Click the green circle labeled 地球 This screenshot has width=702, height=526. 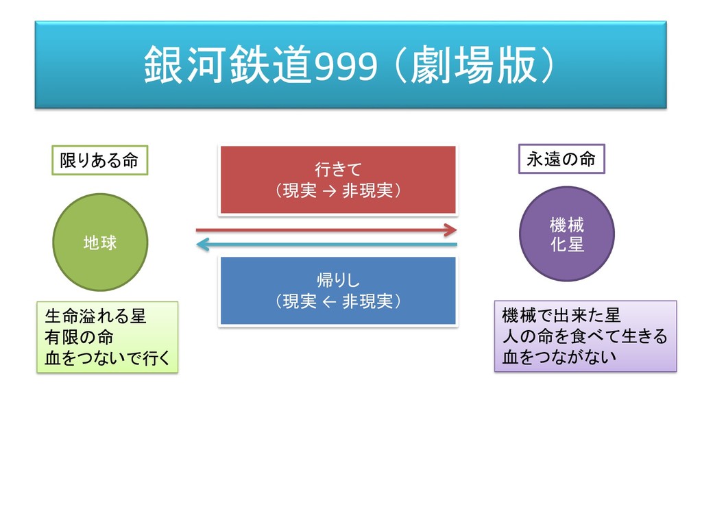coord(100,242)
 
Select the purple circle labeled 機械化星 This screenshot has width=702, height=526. coord(566,234)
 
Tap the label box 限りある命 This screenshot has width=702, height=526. coord(99,161)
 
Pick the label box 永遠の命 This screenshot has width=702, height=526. coord(561,160)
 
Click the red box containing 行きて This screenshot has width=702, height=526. coord(337,179)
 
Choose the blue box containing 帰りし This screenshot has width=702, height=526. coord(337,290)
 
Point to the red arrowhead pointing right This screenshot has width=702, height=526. coord(450,229)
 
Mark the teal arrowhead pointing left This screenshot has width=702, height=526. coord(202,245)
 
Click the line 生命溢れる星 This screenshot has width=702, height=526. coord(95,317)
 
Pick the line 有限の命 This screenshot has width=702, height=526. coord(79,337)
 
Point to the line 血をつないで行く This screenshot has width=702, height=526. coord(107,357)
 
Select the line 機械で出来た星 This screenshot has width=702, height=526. coord(561,316)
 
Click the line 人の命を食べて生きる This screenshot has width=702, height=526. coord(585,336)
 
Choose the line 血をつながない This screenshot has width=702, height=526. coord(559,356)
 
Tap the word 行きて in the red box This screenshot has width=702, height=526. coord(337,169)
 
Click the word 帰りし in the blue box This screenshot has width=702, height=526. coord(337,280)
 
